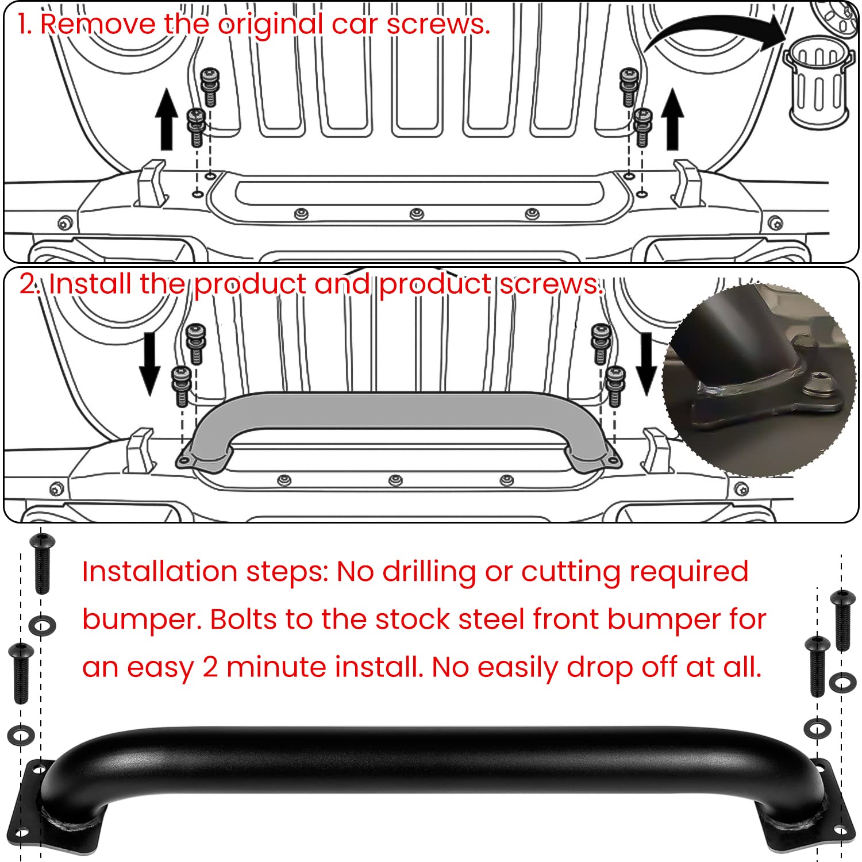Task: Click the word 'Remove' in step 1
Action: (x=98, y=25)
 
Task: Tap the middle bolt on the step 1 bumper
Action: (x=417, y=214)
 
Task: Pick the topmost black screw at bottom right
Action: (x=842, y=619)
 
